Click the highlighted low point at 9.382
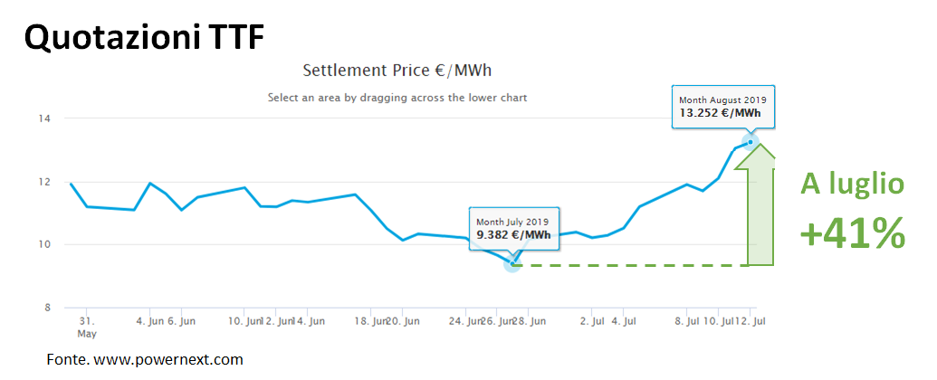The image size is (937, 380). (512, 261)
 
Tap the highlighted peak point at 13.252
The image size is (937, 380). (751, 141)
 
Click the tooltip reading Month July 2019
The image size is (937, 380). (514, 227)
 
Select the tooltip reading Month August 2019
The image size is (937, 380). (723, 106)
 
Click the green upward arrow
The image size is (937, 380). (755, 204)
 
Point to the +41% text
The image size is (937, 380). (852, 234)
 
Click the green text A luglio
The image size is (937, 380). (852, 185)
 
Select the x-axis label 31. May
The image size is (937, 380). (86, 327)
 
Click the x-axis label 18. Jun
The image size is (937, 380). (369, 321)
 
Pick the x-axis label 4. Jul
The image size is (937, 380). (624, 321)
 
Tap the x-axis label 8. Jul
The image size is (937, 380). (687, 321)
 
